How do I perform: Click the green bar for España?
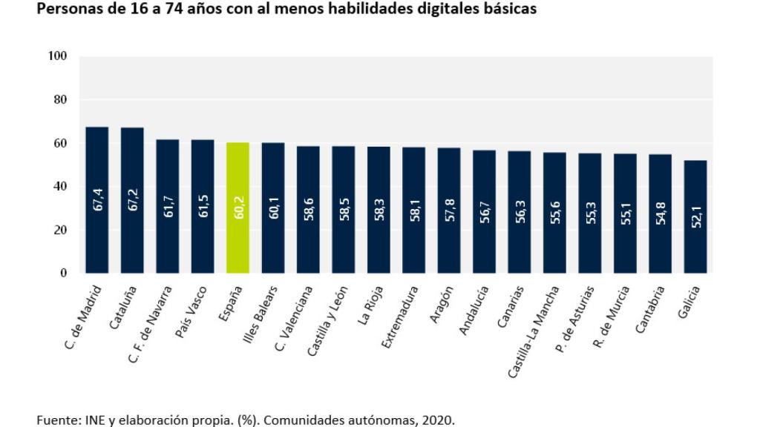237,208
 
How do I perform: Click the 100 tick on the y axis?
57,56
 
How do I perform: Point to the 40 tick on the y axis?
59,187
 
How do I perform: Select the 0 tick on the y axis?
63,274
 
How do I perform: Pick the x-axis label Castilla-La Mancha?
534,330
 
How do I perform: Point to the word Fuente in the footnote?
55,420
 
